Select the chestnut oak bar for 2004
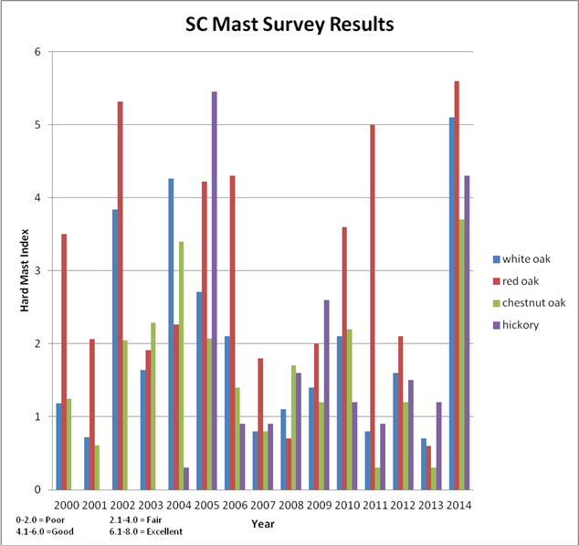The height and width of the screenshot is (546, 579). [x=182, y=365]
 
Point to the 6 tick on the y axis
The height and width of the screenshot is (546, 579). [x=37, y=52]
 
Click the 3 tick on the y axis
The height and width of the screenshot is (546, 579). [x=37, y=271]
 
